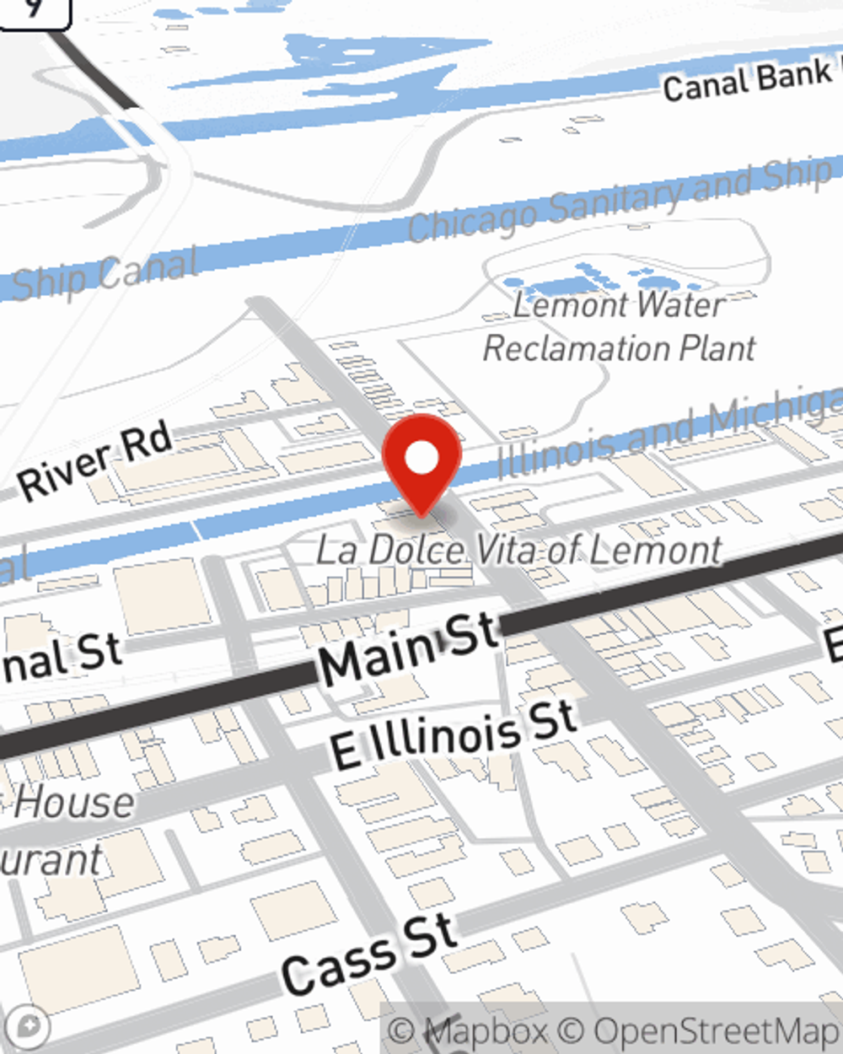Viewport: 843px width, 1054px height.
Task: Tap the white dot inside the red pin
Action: click(x=421, y=459)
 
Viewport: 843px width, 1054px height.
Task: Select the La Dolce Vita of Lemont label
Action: click(x=518, y=551)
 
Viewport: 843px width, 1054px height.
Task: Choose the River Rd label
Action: click(x=95, y=462)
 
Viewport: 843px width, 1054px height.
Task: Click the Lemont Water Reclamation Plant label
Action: click(x=619, y=327)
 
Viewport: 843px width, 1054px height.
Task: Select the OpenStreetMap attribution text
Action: click(x=717, y=1031)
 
